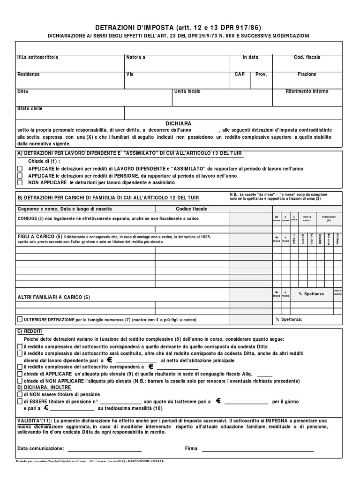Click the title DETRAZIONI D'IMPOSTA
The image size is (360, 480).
[135, 28]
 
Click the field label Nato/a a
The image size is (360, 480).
[135, 57]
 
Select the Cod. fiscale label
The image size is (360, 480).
[307, 57]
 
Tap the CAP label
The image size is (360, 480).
[240, 74]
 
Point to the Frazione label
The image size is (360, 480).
[307, 74]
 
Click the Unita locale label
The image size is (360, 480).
[187, 91]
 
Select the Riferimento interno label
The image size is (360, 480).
[307, 91]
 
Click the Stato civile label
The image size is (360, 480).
[30, 108]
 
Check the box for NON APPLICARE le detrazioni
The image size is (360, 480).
[20, 182]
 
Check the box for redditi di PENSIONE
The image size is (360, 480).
[20, 175]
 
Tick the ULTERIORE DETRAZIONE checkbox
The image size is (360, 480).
[20, 319]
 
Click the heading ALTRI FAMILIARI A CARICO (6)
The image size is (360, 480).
[53, 297]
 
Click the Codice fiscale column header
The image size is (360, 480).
[191, 209]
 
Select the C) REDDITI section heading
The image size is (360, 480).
[30, 331]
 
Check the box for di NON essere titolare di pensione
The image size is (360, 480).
[20, 394]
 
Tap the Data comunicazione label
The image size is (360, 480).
[40, 449]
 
